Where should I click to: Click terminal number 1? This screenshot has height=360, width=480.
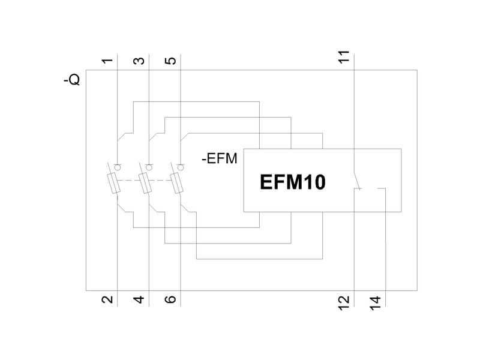point(107,61)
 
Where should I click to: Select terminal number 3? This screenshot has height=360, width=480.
point(139,61)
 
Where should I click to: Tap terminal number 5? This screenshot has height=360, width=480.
point(170,61)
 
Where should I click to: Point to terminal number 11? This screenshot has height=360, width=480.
point(344,57)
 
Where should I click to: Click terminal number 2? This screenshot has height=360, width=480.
point(107,299)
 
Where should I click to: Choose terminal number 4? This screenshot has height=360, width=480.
point(139,299)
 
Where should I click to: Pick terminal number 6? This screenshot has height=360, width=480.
point(170,299)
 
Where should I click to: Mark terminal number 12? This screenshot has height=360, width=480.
point(344,303)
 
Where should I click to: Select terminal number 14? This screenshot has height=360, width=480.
point(376,303)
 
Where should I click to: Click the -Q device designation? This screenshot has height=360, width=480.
point(72,80)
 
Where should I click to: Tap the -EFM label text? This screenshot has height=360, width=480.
point(220,159)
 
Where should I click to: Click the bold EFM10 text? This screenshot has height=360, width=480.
point(292,182)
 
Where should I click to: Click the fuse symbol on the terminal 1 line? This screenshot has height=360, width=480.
point(113,183)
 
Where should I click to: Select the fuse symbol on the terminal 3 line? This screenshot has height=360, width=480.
point(145,183)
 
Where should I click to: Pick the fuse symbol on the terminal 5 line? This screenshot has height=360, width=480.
point(176,183)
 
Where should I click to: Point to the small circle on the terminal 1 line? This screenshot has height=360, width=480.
point(117,167)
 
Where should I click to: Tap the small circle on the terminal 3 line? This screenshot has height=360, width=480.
point(149,167)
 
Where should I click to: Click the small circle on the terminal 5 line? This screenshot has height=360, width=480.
point(181,167)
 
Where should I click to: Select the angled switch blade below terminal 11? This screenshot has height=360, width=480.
point(358,179)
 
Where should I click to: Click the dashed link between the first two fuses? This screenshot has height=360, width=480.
point(128,181)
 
